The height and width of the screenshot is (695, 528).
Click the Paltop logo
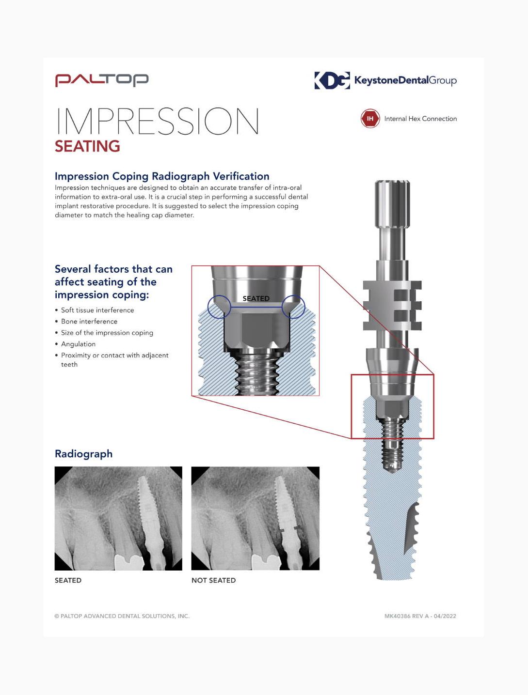(x=102, y=80)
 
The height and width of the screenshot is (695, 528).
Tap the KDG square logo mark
(x=332, y=80)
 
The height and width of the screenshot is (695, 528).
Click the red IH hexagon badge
(x=370, y=119)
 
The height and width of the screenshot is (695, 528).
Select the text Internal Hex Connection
(x=420, y=119)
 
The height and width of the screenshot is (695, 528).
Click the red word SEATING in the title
(x=87, y=146)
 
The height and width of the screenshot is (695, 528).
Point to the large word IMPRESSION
(x=158, y=121)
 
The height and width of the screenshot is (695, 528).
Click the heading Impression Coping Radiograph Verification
(x=162, y=176)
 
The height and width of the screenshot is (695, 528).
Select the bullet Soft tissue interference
(x=97, y=310)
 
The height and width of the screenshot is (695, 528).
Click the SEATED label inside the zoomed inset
(x=256, y=298)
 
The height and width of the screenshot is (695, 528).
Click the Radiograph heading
(x=84, y=454)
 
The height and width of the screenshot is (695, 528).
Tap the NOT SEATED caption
(x=214, y=580)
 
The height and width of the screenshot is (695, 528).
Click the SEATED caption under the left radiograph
(x=68, y=580)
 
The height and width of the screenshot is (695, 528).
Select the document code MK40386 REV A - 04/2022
(x=420, y=616)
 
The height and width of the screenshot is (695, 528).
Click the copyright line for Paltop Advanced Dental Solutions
(x=122, y=616)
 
